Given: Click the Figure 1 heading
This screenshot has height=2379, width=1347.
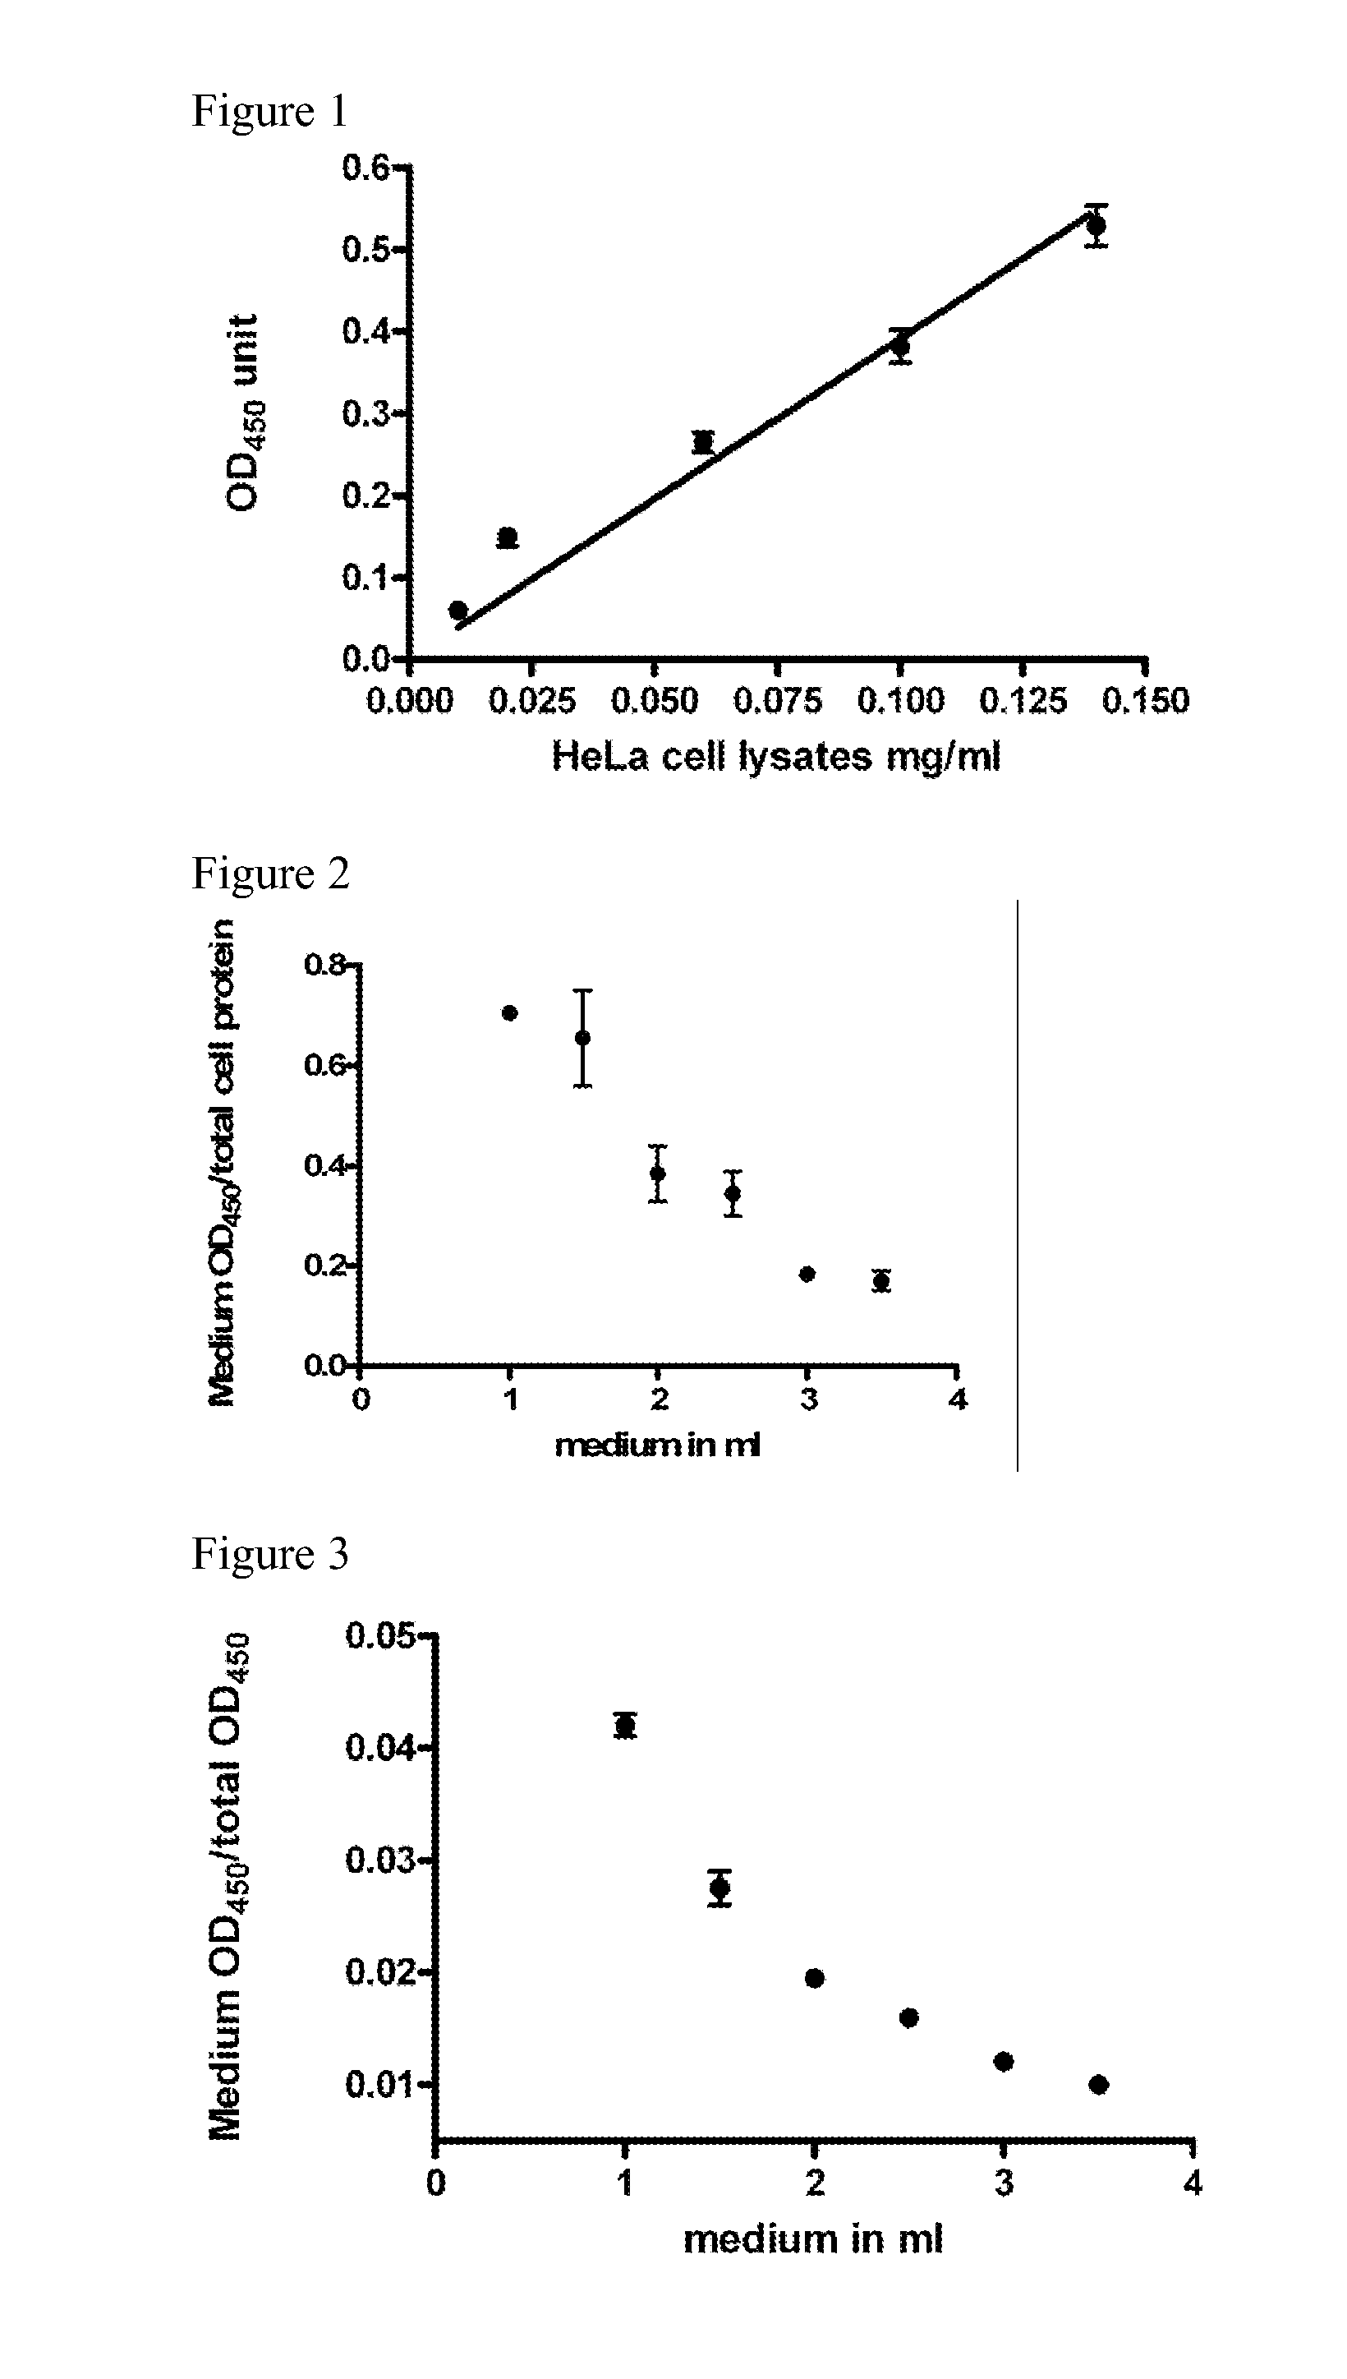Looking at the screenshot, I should (x=269, y=111).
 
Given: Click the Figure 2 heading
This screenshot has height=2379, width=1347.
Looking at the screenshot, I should (x=270, y=874).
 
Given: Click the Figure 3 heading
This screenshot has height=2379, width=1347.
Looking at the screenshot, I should (x=269, y=1555).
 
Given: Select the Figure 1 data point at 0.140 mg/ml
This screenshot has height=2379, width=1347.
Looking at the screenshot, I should (x=1096, y=225).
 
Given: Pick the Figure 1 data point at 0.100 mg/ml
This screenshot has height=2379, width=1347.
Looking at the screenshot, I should (x=901, y=346).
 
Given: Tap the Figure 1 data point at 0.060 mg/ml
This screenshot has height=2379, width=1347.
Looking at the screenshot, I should (x=703, y=442).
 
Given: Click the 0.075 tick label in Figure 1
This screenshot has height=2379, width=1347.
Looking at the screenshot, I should (x=777, y=700).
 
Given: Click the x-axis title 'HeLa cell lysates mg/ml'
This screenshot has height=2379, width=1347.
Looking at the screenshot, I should (x=776, y=757).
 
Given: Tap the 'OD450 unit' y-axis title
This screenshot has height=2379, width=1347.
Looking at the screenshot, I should (x=242, y=412).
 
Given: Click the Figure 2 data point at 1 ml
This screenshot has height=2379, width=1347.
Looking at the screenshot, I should (x=510, y=1013).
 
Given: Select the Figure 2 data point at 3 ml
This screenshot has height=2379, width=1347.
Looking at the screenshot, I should (x=807, y=1275).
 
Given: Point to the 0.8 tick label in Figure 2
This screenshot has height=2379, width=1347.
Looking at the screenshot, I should (x=324, y=965).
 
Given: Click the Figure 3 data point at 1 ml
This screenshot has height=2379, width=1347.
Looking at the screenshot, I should (x=625, y=1726).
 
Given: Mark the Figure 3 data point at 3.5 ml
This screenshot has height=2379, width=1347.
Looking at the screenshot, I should (x=1099, y=2085).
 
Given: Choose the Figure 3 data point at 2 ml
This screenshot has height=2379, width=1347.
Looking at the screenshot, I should (x=815, y=1978).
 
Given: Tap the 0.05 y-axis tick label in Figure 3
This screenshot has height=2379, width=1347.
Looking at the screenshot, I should (x=379, y=1636).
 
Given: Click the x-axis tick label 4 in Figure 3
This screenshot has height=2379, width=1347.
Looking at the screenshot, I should (x=1193, y=2183).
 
